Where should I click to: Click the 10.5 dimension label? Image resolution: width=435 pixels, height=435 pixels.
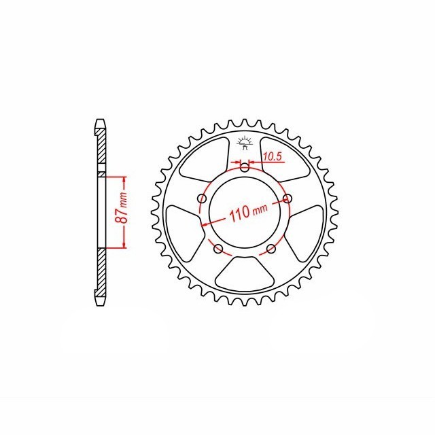tap(272, 157)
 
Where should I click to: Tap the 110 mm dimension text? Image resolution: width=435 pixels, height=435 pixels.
tap(248, 212)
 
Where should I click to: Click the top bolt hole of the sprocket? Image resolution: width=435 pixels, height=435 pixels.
tap(245, 167)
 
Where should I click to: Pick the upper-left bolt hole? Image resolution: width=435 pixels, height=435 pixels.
tap(203, 198)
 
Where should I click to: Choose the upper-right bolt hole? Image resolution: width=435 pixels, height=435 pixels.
tap(288, 198)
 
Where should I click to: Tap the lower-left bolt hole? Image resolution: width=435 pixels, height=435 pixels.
tap(219, 249)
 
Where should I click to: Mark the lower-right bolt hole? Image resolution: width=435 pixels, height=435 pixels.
tap(271, 249)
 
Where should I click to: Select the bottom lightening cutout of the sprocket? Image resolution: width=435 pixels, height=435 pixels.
tap(245, 274)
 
